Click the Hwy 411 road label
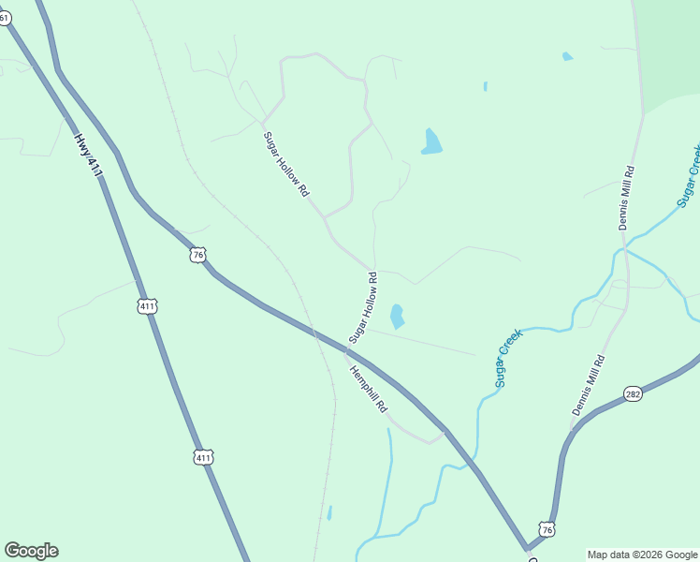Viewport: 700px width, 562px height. [x=87, y=155]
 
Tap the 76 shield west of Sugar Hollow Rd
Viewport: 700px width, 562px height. [x=197, y=255]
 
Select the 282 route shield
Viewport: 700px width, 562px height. [x=634, y=394]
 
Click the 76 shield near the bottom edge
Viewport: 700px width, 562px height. [x=547, y=529]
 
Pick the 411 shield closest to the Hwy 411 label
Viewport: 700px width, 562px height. [x=147, y=306]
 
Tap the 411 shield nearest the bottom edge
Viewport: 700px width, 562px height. [x=204, y=457]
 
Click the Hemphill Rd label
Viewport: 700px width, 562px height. [x=368, y=389]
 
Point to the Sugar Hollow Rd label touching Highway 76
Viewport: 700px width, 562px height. [x=362, y=307]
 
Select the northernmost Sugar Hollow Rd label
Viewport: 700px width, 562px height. [x=285, y=163]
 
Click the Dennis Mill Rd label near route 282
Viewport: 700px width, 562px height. [x=589, y=385]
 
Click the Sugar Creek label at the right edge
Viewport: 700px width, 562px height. [x=689, y=176]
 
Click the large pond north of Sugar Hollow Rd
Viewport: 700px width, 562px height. [x=431, y=141]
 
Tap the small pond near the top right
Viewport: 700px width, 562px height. [x=567, y=56]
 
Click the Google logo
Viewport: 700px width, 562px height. [x=31, y=551]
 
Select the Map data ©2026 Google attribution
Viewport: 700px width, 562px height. [x=643, y=555]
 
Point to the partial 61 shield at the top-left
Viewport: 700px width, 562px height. [x=5, y=17]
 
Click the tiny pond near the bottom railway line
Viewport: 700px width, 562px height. [x=329, y=512]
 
